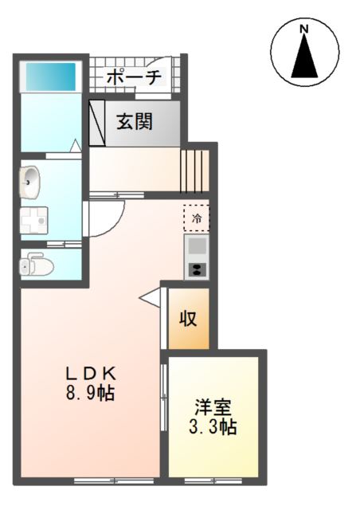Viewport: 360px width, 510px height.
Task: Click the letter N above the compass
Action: click(304, 31)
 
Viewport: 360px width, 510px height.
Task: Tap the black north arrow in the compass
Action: click(304, 58)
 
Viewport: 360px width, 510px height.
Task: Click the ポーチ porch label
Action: click(133, 76)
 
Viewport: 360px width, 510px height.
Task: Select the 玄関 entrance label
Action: click(136, 122)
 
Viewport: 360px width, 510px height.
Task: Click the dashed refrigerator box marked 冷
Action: click(196, 216)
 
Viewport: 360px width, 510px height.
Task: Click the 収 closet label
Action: click(188, 319)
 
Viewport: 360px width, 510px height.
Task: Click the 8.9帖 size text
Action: click(90, 393)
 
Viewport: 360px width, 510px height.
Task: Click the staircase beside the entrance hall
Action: click(194, 167)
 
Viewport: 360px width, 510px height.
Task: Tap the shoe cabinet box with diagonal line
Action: click(97, 122)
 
